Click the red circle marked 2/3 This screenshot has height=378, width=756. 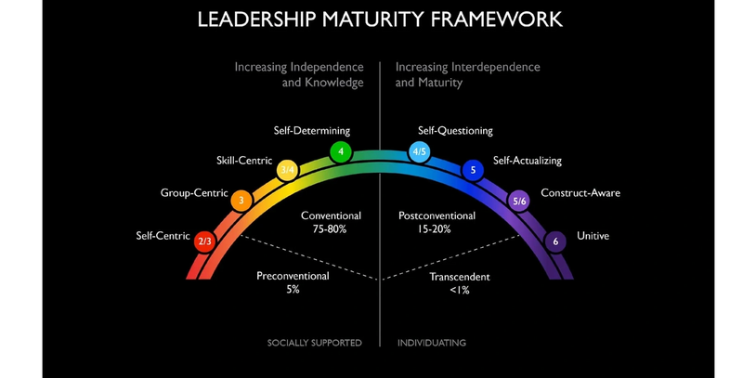(205, 241)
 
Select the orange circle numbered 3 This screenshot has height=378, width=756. (241, 200)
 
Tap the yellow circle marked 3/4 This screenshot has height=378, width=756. (288, 170)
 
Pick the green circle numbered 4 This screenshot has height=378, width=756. (341, 151)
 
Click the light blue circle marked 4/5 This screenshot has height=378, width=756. (420, 151)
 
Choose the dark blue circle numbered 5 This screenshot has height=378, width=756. (473, 170)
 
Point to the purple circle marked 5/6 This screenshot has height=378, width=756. (519, 201)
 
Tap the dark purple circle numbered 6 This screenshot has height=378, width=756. (555, 241)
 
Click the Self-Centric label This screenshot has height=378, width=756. (163, 236)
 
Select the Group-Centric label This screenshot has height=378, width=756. (194, 193)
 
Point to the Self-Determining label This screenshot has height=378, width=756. (312, 131)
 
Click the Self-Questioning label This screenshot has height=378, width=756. (455, 131)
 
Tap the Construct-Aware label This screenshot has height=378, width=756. (580, 193)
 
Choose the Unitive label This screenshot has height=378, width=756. (593, 236)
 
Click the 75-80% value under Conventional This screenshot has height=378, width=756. (331, 228)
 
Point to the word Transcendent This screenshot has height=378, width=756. (460, 277)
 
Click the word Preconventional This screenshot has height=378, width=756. (293, 276)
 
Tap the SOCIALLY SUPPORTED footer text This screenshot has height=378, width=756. (315, 343)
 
